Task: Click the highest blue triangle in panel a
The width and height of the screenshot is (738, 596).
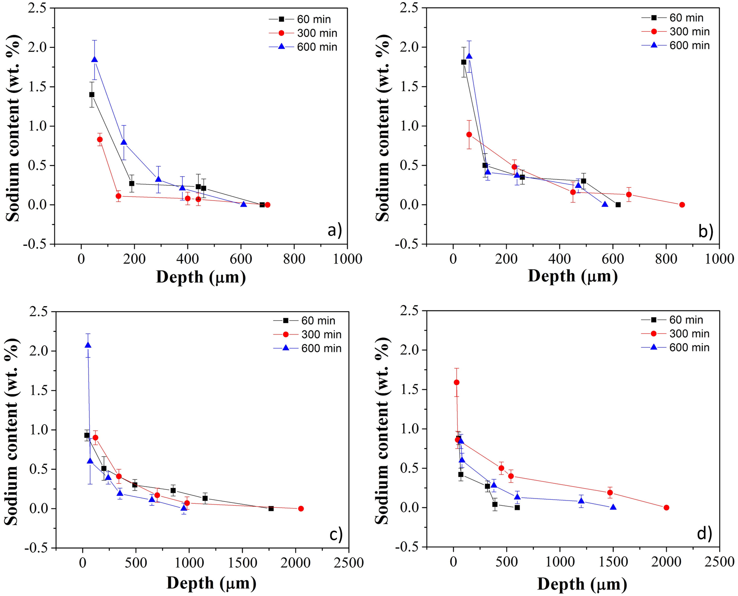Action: (x=94, y=59)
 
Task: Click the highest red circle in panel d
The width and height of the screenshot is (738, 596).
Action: (x=457, y=382)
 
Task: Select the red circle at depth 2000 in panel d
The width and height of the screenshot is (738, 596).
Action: (x=666, y=508)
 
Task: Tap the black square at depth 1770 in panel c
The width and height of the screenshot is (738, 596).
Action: (x=271, y=509)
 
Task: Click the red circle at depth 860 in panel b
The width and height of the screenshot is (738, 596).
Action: (x=682, y=205)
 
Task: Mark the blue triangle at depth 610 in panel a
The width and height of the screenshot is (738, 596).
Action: (x=243, y=204)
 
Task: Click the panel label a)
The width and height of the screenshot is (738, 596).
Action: (x=334, y=230)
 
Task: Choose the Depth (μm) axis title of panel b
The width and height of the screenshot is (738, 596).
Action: (x=572, y=276)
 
